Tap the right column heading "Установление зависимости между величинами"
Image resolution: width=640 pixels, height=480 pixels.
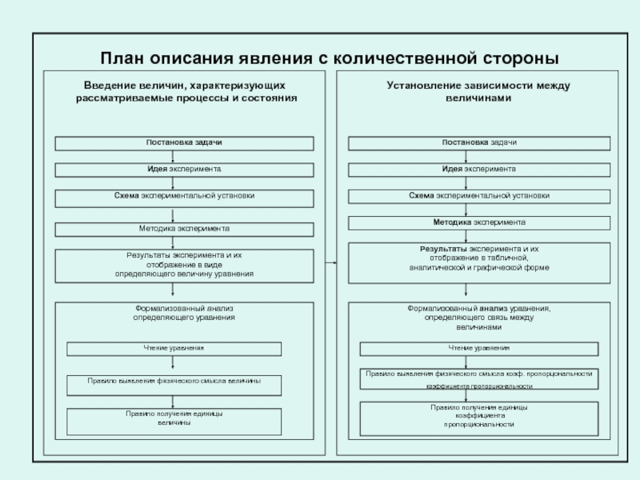click(x=478, y=90)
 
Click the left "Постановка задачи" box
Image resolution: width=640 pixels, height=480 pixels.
click(x=184, y=142)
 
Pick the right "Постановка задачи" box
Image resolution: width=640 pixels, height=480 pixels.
click(x=478, y=142)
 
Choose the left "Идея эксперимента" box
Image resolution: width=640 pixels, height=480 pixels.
click(x=184, y=170)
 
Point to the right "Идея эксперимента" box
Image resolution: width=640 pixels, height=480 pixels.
click(x=478, y=170)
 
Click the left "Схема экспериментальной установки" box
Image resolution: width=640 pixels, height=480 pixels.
click(x=184, y=196)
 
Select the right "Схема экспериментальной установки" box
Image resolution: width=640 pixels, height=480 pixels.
click(x=478, y=196)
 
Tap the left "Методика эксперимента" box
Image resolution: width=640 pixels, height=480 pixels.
click(x=184, y=229)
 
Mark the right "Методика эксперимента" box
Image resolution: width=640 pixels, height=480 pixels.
click(x=478, y=222)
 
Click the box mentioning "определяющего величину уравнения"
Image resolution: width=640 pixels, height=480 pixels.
click(x=184, y=265)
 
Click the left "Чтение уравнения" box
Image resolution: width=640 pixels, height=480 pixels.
click(x=174, y=349)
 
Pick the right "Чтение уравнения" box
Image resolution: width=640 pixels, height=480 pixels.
click(x=478, y=349)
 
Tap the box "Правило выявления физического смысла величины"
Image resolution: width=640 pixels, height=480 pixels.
click(x=174, y=382)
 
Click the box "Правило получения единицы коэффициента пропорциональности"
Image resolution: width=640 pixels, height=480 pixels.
click(x=478, y=418)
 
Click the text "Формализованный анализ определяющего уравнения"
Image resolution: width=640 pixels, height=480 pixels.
click(x=184, y=314)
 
